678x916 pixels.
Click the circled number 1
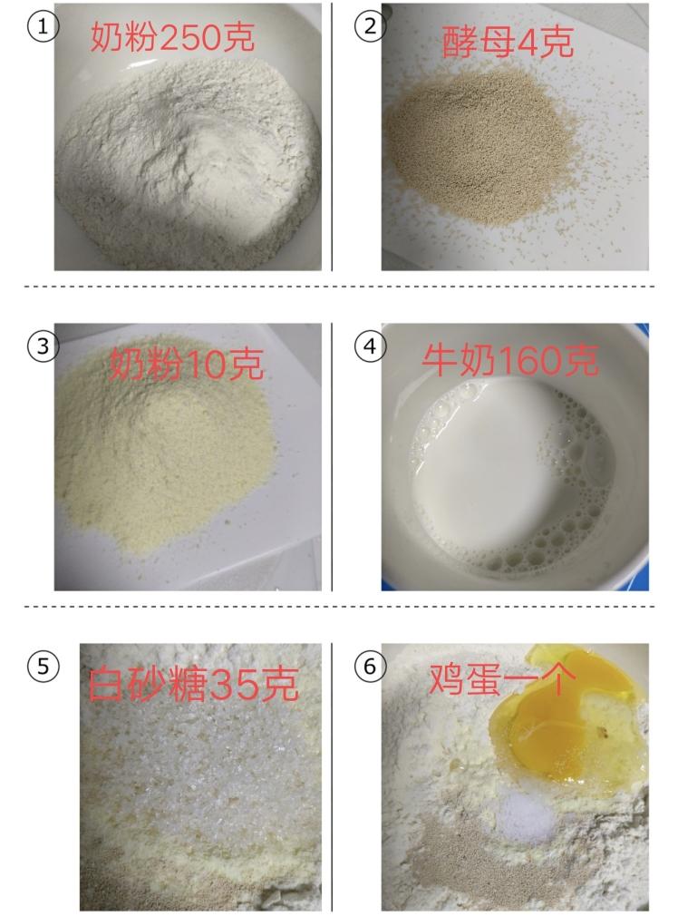coord(43,26)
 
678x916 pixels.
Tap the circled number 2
coord(370,26)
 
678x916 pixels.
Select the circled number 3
coord(43,346)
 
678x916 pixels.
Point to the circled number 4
coord(370,346)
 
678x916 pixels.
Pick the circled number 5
coord(43,667)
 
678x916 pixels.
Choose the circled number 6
coord(370,667)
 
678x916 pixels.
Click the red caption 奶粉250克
coord(172,37)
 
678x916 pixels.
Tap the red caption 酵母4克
coord(508,42)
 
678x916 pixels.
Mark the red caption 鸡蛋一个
coord(503,677)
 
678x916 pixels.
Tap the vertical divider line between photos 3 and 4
coord(333,457)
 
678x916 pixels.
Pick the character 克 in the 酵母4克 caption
coord(557,43)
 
